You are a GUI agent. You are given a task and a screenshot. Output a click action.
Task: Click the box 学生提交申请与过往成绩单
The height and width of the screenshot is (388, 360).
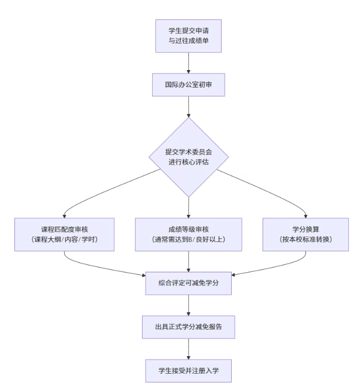point(188,36)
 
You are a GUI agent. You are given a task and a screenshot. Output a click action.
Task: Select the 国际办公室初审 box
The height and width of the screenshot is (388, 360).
point(188,84)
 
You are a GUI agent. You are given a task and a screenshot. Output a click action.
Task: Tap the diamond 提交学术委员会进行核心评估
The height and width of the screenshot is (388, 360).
point(188,157)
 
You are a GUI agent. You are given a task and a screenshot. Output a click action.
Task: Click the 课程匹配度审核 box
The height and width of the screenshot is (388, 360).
point(64,234)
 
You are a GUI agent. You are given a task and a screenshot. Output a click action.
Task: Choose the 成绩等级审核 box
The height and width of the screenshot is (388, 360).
point(188,234)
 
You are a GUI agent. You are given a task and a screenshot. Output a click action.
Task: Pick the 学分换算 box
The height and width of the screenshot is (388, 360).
point(306,234)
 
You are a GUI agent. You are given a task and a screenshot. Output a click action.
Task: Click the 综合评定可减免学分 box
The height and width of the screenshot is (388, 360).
point(188,283)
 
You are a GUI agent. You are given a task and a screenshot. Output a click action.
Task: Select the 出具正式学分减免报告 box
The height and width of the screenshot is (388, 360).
point(188,327)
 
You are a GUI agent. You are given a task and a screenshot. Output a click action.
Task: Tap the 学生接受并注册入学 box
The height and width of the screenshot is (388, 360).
point(188,370)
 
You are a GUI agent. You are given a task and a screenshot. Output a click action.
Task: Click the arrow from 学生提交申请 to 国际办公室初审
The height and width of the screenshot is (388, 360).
point(188,62)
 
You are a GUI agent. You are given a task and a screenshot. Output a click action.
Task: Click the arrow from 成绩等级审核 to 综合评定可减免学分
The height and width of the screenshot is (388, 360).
point(188,261)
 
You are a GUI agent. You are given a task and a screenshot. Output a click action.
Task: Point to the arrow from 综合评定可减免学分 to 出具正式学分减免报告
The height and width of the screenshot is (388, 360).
point(188,305)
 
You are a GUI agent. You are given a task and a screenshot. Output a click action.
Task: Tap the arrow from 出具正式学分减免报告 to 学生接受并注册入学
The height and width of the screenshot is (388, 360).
point(188,349)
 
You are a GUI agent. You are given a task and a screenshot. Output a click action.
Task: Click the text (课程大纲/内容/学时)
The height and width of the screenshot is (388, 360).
point(64,240)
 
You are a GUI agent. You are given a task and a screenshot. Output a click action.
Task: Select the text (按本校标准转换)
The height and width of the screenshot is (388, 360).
point(306,240)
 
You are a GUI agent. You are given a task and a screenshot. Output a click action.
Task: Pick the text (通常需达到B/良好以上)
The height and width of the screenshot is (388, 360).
point(188,240)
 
